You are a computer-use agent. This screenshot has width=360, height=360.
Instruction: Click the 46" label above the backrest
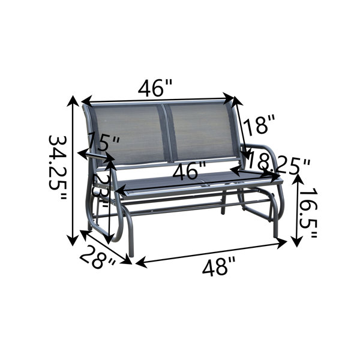pyautogui.click(x=155, y=89)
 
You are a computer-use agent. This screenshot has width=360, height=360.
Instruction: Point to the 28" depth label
pyautogui.click(x=97, y=257)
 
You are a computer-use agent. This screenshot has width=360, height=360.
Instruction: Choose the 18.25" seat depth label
pyautogui.click(x=280, y=163)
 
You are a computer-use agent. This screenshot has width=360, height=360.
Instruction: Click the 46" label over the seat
pyautogui.click(x=189, y=172)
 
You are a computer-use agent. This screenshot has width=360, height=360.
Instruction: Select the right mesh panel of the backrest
pyautogui.click(x=201, y=132)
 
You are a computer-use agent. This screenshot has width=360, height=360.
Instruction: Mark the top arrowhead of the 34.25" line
pyautogui.click(x=74, y=99)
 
